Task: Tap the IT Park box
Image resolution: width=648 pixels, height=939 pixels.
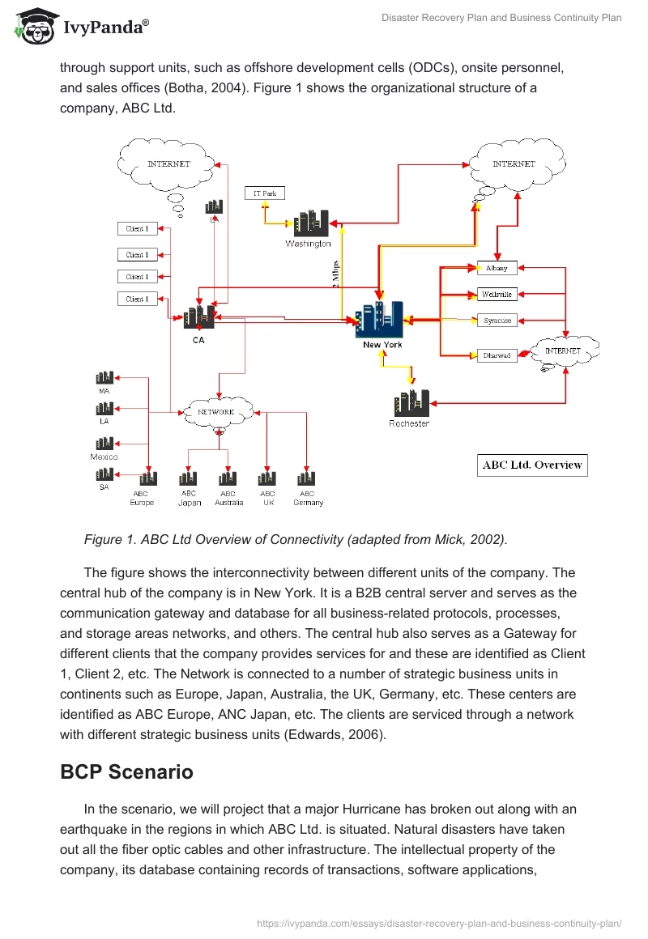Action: (265, 193)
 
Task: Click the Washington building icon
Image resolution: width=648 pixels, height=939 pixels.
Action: (310, 224)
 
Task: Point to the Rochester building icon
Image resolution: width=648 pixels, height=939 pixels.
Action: (411, 403)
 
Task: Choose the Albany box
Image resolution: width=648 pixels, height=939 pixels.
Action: (497, 268)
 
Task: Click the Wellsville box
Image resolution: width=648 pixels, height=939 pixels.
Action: (497, 294)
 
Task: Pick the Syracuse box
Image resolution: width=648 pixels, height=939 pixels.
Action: (497, 321)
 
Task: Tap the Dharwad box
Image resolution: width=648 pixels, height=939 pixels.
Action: (497, 355)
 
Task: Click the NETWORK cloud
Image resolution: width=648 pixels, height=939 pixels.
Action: (217, 412)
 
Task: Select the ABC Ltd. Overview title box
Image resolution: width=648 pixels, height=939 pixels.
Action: (532, 465)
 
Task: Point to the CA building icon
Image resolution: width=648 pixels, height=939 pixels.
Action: (198, 317)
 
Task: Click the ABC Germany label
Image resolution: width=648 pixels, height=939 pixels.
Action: (308, 498)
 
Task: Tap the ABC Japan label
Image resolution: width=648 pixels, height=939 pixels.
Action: (189, 498)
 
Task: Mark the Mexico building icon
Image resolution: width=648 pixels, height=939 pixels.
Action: (104, 444)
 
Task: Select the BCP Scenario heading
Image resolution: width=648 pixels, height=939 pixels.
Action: (126, 771)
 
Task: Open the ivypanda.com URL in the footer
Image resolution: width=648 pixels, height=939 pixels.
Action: (439, 922)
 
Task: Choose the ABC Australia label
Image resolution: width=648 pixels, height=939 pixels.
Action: (228, 498)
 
